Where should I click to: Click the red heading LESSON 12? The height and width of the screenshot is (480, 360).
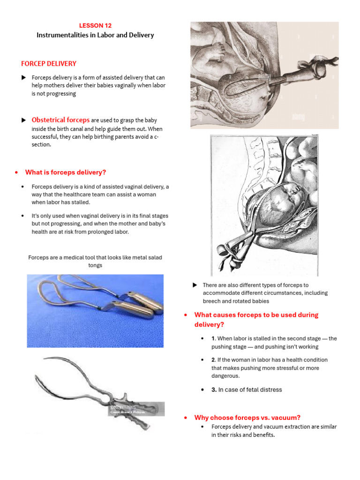(x=95, y=25)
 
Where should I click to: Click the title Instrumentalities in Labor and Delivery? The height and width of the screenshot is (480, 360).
(x=95, y=35)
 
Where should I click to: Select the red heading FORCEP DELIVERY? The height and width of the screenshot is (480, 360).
(x=49, y=64)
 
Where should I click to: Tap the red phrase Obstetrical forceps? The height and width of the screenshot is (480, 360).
(x=60, y=120)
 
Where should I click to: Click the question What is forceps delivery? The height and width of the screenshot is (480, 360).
(x=66, y=172)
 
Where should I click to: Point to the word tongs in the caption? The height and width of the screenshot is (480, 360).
(x=95, y=265)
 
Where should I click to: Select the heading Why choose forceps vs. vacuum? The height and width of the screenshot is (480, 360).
(x=247, y=418)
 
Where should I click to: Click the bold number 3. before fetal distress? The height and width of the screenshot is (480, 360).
(x=214, y=390)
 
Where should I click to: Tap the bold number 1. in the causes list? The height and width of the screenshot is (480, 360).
(x=213, y=338)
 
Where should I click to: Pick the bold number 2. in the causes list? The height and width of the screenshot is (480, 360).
(x=213, y=360)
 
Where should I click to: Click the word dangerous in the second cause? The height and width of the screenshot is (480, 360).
(x=225, y=375)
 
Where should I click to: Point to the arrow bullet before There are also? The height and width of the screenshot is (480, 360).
(x=195, y=285)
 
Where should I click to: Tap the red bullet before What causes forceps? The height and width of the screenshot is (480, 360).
(x=186, y=315)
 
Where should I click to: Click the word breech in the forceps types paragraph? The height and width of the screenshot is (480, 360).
(x=211, y=301)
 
